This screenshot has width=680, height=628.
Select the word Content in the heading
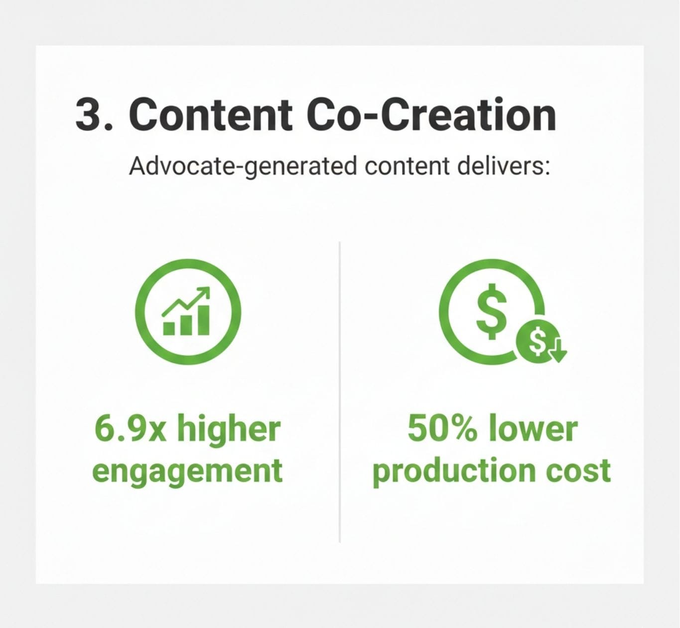coord(210,115)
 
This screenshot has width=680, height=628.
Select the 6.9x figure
coord(130,429)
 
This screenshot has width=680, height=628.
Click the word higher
coord(229,429)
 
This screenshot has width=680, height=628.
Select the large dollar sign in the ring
coord(492,311)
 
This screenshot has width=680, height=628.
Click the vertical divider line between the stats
coord(340,392)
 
